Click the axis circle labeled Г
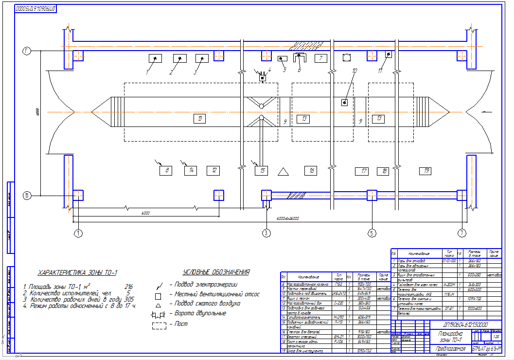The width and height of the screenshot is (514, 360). click(27, 51)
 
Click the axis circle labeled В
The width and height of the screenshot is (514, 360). click(27, 196)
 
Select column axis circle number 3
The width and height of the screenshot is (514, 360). click(266, 233)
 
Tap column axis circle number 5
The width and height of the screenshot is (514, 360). click(372, 233)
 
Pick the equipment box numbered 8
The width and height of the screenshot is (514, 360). click(166, 170)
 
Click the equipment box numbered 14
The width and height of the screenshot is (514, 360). click(191, 170)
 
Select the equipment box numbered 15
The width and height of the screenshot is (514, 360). click(262, 170)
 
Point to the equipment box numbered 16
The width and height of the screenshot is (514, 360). click(311, 170)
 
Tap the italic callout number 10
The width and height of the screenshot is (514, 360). click(354, 71)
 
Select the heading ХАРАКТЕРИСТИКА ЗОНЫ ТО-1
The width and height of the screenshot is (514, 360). click(78, 273)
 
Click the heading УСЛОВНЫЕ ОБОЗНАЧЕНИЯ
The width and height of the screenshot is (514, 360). click(216, 272)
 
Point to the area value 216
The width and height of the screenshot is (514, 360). click(129, 287)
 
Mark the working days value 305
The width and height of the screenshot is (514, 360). click(129, 300)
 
